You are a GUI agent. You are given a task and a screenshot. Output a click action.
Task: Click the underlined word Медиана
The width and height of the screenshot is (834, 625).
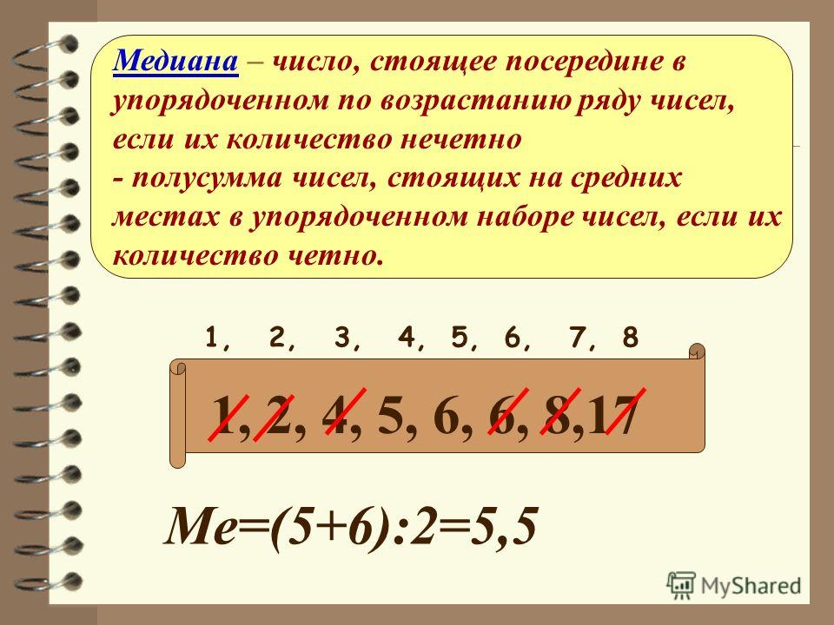(175, 61)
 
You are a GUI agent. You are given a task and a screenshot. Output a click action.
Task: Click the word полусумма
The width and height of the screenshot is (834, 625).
(207, 179)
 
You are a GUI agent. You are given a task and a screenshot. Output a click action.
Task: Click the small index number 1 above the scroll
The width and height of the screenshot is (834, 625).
(212, 338)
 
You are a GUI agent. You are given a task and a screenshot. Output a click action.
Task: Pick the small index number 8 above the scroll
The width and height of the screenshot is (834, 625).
(630, 338)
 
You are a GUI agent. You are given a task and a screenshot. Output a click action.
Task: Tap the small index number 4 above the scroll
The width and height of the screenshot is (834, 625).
(406, 338)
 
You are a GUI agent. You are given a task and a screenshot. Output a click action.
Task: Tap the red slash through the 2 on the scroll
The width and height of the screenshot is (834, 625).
(274, 418)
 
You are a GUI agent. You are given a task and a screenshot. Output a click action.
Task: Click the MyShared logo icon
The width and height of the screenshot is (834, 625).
(681, 586)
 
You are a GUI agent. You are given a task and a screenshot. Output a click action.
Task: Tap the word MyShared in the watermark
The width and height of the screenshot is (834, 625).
(751, 586)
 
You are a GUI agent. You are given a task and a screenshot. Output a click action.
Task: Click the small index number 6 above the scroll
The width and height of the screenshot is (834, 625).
(512, 338)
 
